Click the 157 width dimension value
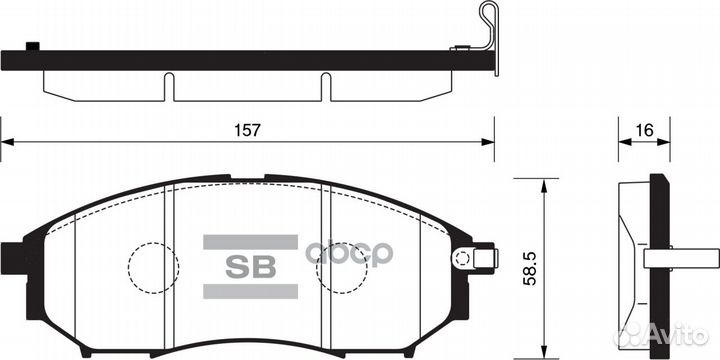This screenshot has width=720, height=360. pos(248,130)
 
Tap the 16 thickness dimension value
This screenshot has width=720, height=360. pos(645,130)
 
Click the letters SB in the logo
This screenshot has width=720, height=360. pos(250,267)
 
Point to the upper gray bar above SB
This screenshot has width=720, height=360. pos(250,242)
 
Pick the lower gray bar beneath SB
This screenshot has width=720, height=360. pos(250,292)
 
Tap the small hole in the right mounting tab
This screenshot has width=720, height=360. pos(461,258)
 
